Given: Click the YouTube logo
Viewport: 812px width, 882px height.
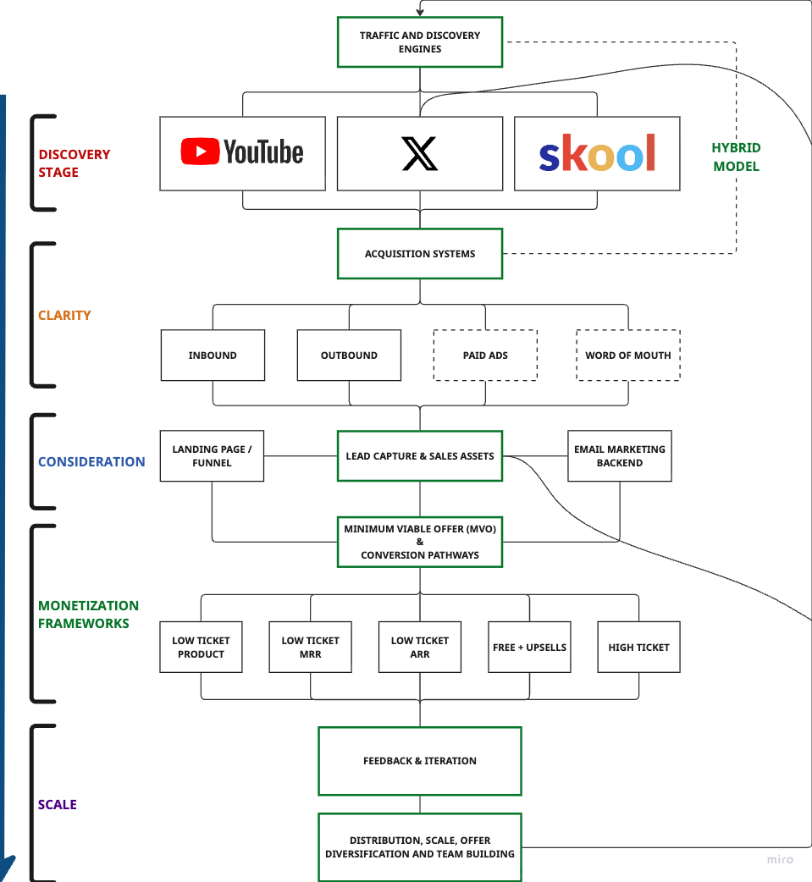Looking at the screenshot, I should [242, 152].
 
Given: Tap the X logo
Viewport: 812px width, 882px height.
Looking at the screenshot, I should [420, 154].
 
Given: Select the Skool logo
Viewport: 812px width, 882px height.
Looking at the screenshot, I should [597, 153].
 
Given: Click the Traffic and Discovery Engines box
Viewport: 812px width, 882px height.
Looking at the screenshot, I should [420, 42].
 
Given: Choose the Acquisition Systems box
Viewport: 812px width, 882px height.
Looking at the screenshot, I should [420, 254].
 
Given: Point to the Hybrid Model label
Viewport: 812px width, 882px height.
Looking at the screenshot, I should [736, 157].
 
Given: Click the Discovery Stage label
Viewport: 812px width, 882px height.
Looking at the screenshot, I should [75, 163].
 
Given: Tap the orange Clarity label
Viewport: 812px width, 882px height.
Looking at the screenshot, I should [64, 315].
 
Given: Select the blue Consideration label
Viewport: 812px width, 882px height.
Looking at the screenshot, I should [91, 461].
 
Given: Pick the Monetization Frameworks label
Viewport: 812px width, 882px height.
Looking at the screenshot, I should [89, 614].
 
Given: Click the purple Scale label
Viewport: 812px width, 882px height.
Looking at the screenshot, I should [58, 804].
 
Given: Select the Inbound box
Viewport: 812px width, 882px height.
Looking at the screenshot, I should [213, 356].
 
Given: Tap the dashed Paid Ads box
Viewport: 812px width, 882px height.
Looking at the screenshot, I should [485, 356].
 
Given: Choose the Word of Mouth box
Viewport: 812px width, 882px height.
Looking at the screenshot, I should [627, 356].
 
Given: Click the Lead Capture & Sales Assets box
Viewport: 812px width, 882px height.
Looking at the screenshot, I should [420, 456].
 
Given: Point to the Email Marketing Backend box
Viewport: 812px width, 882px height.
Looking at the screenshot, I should [620, 456].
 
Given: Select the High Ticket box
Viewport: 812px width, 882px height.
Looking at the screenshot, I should [638, 647].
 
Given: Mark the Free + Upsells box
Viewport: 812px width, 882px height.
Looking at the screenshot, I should [529, 647].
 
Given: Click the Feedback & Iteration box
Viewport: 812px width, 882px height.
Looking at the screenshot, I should [420, 761].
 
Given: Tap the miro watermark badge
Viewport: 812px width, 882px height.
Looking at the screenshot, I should [780, 859].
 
